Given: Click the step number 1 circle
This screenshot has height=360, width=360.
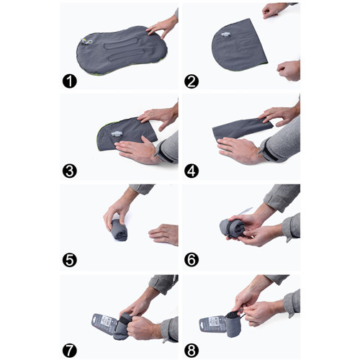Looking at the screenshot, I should coord(70,81).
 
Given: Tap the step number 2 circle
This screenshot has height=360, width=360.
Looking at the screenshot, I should coord(191,81).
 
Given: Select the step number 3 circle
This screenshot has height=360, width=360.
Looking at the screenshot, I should coord(70,170).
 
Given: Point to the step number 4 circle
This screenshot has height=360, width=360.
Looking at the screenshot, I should coord(191,170).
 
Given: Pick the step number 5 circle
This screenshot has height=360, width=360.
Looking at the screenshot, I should coord(70,259).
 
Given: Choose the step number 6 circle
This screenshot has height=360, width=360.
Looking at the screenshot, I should coord(191,259).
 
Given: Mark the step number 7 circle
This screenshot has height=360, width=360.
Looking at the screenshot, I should coord(70,351).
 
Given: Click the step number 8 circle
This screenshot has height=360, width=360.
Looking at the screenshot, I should coord(191,351).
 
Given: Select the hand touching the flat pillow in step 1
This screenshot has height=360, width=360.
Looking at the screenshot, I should coord(162,27).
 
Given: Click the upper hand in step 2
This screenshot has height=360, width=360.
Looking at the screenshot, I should coord(276,10).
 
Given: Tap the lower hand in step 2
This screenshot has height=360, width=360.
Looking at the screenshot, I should coord(288,69).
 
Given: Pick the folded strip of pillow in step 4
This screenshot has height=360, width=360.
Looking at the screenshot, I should coord(241,130).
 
